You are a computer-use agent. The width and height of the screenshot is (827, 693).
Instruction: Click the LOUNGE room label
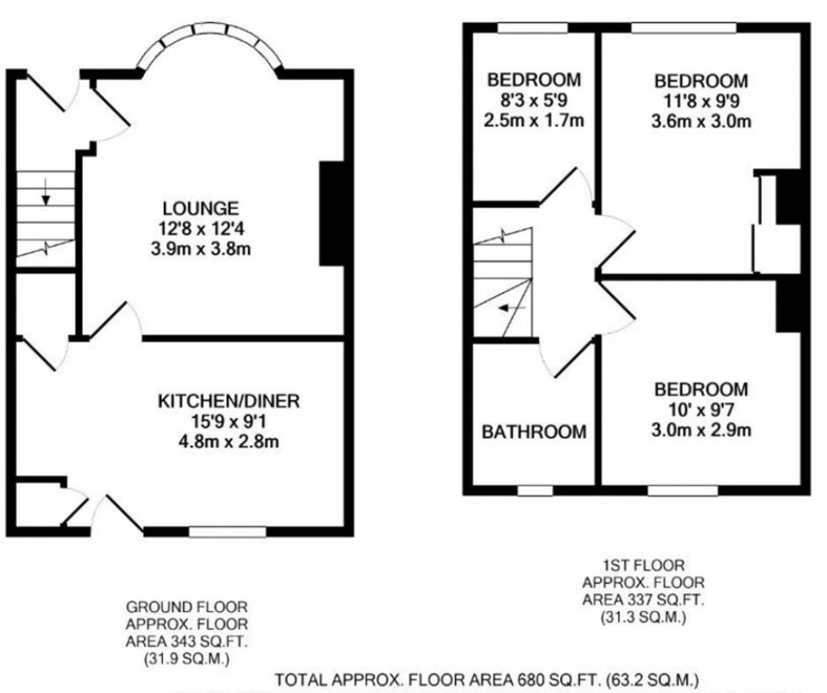point(201,208)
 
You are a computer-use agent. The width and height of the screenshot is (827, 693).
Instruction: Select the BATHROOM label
point(533,432)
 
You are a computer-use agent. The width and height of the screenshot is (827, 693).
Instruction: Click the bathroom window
point(535,490)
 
